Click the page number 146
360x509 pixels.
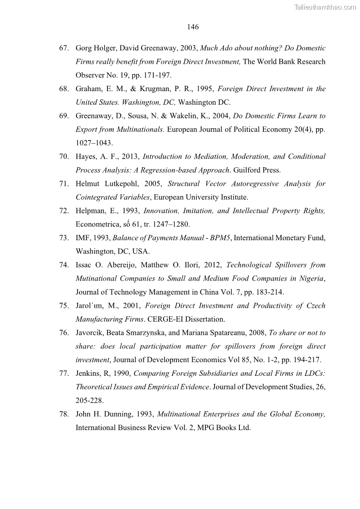tap(193, 27)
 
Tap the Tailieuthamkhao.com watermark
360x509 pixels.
tap(325, 7)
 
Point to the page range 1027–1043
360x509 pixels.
tap(94, 143)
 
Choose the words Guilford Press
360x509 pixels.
tap(257, 170)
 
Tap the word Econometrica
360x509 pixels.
tap(97, 224)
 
